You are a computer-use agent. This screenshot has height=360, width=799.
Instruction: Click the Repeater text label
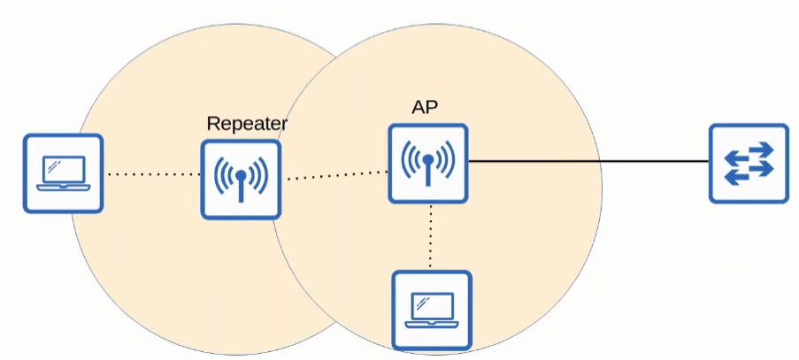click(246, 124)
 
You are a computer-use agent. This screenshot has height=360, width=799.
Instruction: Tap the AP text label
click(425, 107)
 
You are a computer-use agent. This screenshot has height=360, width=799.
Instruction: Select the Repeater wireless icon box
click(241, 180)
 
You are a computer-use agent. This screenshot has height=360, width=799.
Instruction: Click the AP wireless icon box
click(427, 164)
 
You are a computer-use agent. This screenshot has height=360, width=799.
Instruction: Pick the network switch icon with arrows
click(749, 164)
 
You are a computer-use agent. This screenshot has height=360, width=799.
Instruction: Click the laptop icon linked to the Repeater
click(63, 173)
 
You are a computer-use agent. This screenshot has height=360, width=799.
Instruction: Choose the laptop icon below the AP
click(431, 310)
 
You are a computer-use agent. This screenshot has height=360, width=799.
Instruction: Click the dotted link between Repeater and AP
click(336, 176)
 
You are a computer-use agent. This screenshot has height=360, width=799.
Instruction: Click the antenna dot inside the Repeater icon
click(241, 174)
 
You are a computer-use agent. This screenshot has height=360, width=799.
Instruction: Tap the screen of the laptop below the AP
click(431, 306)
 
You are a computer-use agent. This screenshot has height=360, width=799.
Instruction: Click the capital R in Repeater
click(213, 124)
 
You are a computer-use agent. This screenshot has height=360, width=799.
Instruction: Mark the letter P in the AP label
click(433, 107)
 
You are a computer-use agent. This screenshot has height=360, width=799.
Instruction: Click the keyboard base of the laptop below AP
click(431, 324)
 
